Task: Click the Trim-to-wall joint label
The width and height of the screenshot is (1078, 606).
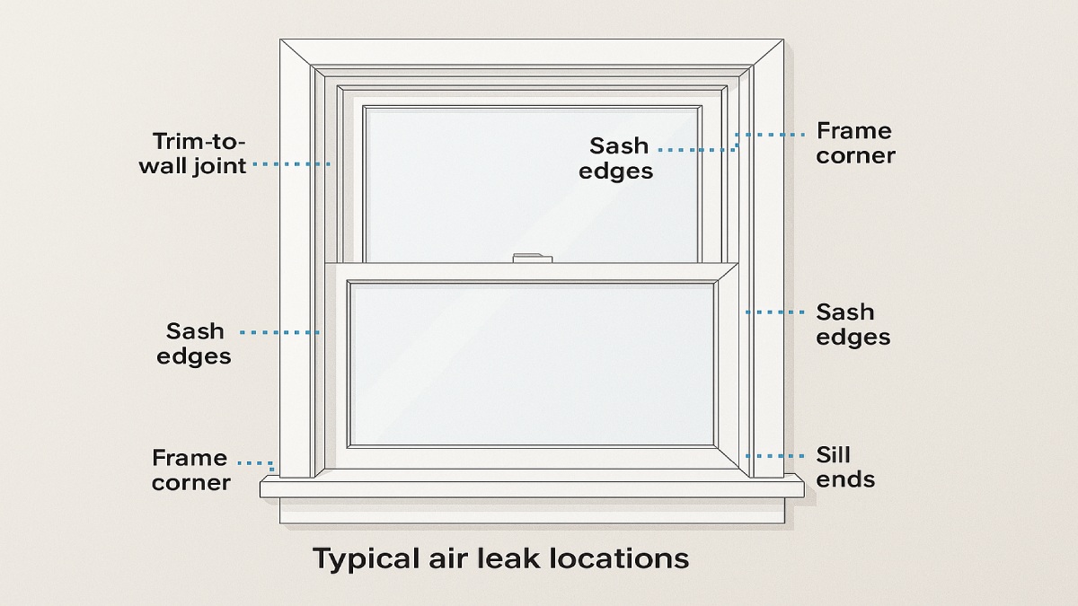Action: [192, 154]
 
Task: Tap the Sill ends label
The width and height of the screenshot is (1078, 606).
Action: [845, 467]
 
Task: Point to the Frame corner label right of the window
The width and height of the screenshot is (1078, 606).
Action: [855, 144]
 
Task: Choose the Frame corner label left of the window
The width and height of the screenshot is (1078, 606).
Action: [190, 470]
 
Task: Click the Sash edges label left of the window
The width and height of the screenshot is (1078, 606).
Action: [194, 344]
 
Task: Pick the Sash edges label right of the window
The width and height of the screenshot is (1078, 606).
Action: [853, 324]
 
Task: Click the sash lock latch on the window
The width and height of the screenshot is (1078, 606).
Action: [532, 259]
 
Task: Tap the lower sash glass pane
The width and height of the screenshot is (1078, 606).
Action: [531, 363]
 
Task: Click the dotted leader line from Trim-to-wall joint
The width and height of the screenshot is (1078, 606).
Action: [291, 164]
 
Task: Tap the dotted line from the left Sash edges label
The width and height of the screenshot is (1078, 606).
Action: [279, 333]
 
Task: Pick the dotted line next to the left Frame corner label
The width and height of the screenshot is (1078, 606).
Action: [256, 463]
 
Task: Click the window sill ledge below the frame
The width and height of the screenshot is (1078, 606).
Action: [532, 487]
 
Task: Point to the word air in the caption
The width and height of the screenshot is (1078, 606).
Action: [432, 558]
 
